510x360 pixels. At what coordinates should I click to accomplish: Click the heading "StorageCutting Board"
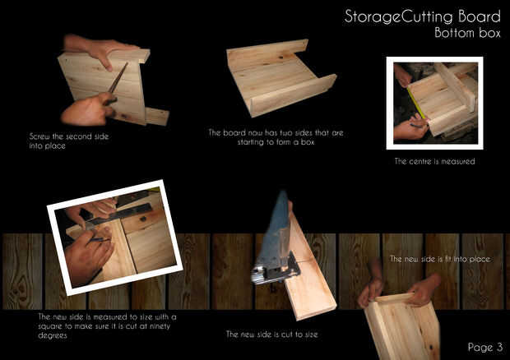(x=422, y=16)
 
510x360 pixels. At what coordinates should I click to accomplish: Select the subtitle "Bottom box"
(x=467, y=33)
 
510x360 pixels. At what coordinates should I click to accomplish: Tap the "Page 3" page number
(x=485, y=347)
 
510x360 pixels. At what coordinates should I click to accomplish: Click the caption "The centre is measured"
(x=434, y=161)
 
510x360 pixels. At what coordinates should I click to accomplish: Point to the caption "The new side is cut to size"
(x=272, y=334)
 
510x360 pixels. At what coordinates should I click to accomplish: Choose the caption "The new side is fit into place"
(x=440, y=259)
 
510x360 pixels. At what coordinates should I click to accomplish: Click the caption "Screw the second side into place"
(x=69, y=141)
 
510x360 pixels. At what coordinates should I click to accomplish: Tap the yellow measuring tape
(x=416, y=103)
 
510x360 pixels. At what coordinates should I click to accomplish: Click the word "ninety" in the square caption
(x=160, y=325)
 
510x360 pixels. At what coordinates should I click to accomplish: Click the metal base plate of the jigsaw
(x=276, y=270)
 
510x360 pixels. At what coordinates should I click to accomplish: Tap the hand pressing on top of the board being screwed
(x=100, y=50)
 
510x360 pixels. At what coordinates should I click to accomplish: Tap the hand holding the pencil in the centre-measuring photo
(x=410, y=127)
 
